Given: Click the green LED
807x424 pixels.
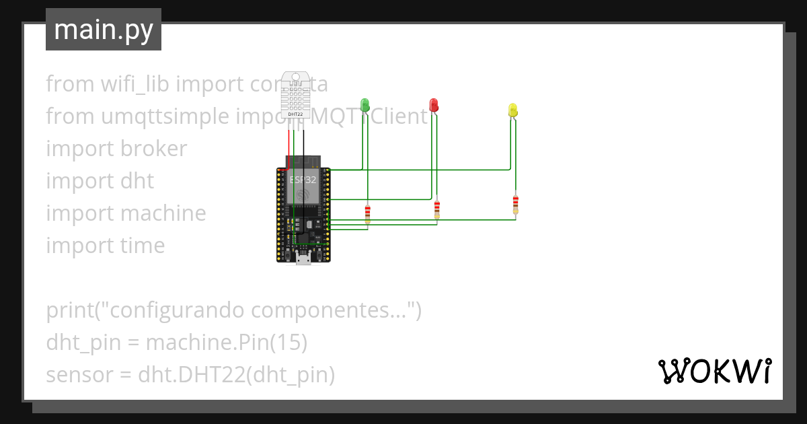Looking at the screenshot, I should (x=365, y=104).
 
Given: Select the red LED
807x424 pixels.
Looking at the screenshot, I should (x=434, y=104).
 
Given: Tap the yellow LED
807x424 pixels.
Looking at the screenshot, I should (x=513, y=110).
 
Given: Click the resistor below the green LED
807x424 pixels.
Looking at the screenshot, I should (x=367, y=214).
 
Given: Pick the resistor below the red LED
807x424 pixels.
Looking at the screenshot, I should (x=437, y=209).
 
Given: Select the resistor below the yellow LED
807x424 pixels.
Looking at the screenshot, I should (x=516, y=203).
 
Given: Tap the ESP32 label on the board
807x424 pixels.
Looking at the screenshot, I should (x=303, y=180).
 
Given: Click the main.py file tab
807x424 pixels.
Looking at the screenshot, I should (x=104, y=30).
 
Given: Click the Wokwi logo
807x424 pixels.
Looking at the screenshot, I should (x=714, y=371).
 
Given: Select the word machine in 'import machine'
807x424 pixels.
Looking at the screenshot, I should (x=163, y=213).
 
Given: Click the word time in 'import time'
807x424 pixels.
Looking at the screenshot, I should (x=143, y=246).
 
